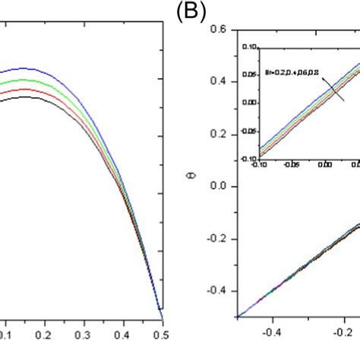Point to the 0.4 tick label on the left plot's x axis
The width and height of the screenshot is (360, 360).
123,333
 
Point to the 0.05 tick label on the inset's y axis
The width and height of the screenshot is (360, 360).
248,74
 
